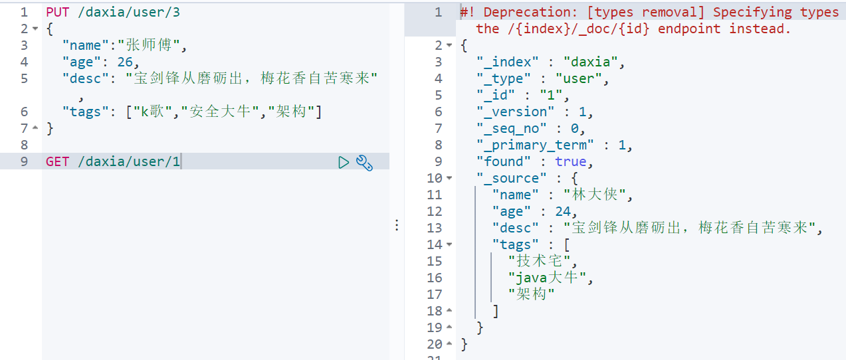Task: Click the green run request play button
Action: (344, 162)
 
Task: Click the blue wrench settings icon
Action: (364, 163)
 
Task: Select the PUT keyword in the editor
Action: (58, 12)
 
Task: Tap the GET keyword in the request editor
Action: (57, 161)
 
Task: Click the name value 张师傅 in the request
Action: (149, 45)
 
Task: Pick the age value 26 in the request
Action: (125, 62)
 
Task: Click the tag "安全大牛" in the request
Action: (220, 112)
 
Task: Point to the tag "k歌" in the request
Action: (153, 112)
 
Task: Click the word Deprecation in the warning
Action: (530, 12)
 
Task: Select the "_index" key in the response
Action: (507, 62)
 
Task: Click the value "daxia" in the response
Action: (591, 62)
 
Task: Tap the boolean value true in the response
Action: (571, 161)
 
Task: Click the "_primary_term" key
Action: (535, 145)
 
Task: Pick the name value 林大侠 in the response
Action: (595, 195)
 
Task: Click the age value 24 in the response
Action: (563, 211)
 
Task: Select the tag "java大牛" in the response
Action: (547, 278)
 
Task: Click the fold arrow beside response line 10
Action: (449, 178)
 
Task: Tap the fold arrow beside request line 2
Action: (35, 29)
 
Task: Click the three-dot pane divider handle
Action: (397, 225)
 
